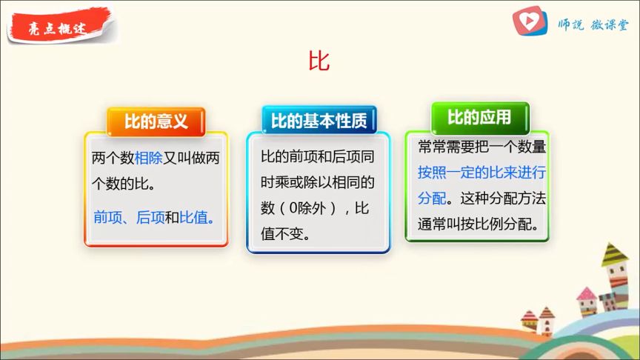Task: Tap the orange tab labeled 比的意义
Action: point(156,121)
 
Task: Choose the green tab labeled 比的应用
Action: point(479,118)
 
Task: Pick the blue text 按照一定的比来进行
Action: point(481,173)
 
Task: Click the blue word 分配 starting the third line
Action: point(432,199)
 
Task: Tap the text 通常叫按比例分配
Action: point(478,224)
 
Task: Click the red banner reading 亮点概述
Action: point(59,27)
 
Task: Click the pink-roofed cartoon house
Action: point(587,301)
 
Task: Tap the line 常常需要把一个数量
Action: point(481,147)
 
